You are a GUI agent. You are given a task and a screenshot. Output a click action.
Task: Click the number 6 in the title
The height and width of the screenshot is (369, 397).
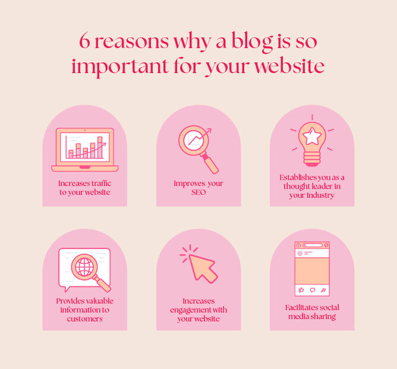(85, 41)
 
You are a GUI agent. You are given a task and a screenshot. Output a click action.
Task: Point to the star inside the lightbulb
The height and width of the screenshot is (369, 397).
(312, 137)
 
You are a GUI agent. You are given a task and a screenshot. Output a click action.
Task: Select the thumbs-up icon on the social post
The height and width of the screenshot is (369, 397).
(301, 290)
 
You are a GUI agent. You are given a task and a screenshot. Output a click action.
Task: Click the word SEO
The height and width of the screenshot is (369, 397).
(198, 193)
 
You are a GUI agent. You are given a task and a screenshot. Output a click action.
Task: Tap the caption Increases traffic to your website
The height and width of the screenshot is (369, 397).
(84, 188)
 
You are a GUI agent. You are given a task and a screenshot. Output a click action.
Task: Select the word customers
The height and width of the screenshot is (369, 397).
(84, 319)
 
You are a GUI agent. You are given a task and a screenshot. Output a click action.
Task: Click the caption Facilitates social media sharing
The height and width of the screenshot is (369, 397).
(311, 312)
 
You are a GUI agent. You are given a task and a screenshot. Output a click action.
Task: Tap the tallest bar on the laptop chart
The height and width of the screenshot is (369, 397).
(100, 147)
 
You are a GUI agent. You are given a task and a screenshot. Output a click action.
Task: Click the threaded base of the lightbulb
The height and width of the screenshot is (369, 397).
(312, 158)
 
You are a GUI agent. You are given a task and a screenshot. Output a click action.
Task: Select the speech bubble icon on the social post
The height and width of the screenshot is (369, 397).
(312, 290)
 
